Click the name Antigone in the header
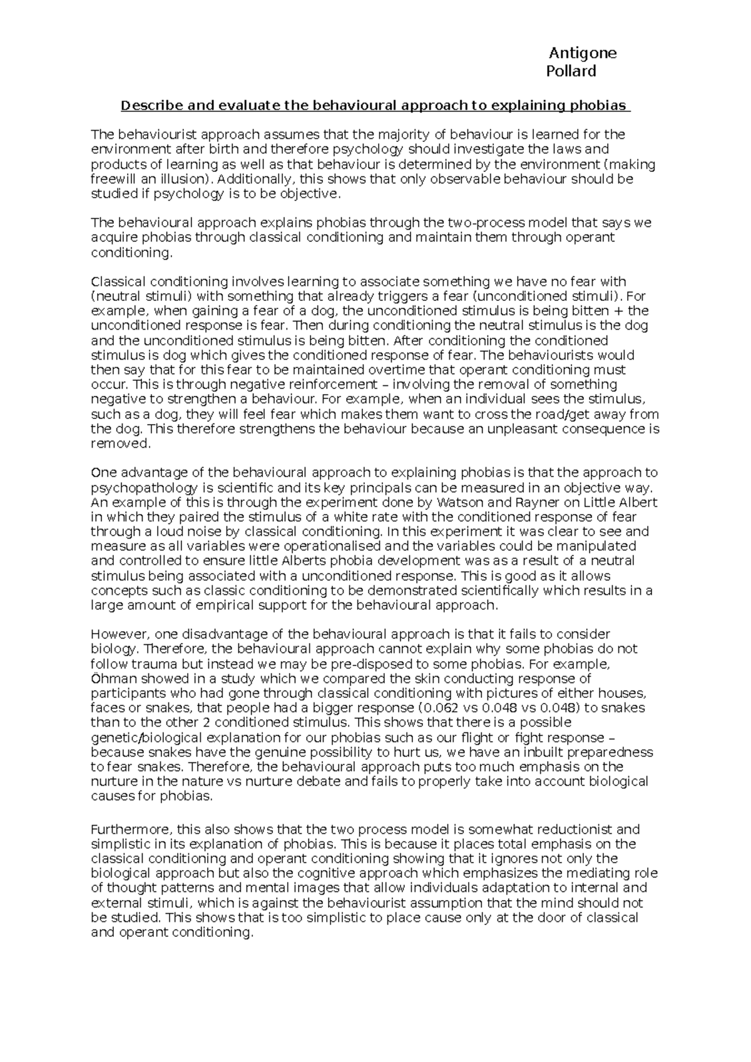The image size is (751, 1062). (582, 53)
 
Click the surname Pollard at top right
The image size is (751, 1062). (571, 71)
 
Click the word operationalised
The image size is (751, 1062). (267, 546)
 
